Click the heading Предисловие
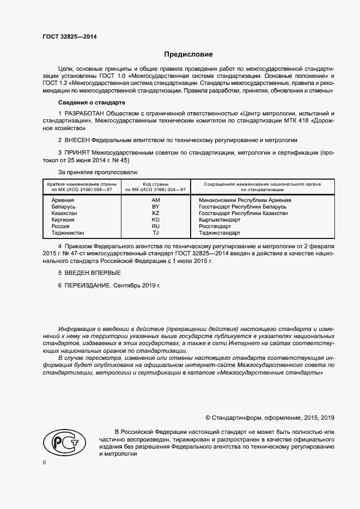[x=188, y=54]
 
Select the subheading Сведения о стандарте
[x=92, y=103]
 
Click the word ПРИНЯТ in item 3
[x=78, y=153]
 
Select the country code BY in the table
[x=155, y=207]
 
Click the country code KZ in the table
[x=155, y=213]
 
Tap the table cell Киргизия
[x=63, y=220]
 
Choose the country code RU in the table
[x=155, y=226]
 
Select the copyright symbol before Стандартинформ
[x=208, y=418]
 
